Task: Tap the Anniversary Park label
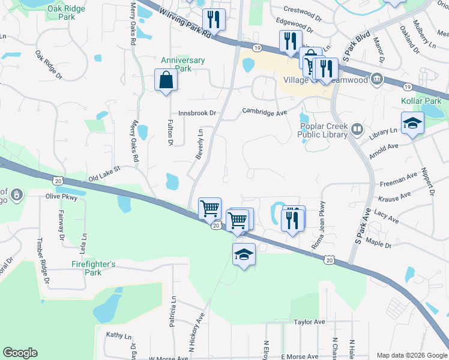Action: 183,64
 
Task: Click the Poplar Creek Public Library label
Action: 322,131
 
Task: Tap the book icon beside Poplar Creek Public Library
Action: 358,129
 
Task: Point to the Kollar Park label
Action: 424,101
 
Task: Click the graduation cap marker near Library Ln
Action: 412,124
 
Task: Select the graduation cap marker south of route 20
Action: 244,255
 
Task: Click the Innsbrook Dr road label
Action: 197,113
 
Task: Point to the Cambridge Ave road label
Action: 265,111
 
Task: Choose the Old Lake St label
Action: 104,174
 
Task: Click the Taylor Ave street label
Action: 309,322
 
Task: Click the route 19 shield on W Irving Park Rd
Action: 256,47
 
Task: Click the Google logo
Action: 20,353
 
